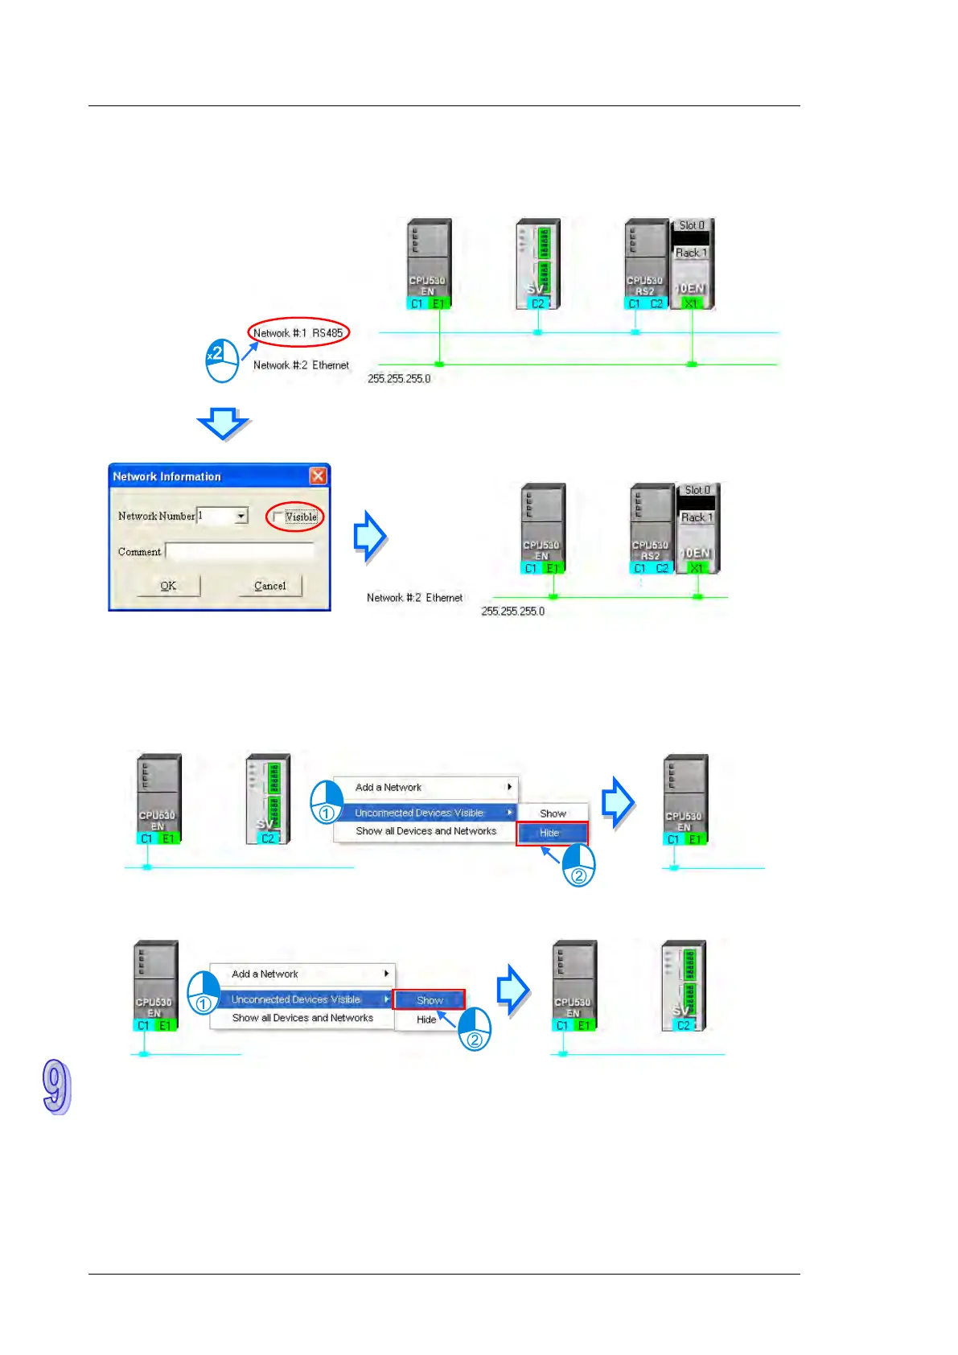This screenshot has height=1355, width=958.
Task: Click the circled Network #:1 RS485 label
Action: [x=298, y=332]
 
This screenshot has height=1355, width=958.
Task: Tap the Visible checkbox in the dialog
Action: [x=278, y=517]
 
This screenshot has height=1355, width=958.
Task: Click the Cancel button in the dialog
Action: [x=269, y=586]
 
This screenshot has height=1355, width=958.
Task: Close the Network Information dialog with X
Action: [x=319, y=476]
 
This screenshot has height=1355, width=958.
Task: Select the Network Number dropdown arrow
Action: [x=241, y=516]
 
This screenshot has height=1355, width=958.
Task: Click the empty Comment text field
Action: [x=239, y=552]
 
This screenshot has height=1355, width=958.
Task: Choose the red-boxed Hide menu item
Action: [x=551, y=833]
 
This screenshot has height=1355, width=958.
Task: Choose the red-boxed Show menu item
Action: [x=429, y=1000]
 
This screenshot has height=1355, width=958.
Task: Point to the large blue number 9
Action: [x=56, y=1087]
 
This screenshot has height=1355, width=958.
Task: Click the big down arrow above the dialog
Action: [x=224, y=422]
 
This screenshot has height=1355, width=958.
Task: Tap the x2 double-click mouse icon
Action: [x=222, y=360]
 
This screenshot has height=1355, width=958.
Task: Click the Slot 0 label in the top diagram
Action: [x=691, y=225]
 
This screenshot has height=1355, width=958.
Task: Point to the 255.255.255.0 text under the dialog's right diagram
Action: [x=512, y=612]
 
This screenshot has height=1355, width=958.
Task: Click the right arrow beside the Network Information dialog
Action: [x=371, y=536]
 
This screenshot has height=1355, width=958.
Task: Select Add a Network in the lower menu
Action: [x=265, y=974]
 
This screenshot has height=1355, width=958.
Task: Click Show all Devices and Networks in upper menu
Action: [x=426, y=831]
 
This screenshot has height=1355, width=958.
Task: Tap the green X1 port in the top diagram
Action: [x=691, y=303]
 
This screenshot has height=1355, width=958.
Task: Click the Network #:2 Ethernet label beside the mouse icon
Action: [x=301, y=365]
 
